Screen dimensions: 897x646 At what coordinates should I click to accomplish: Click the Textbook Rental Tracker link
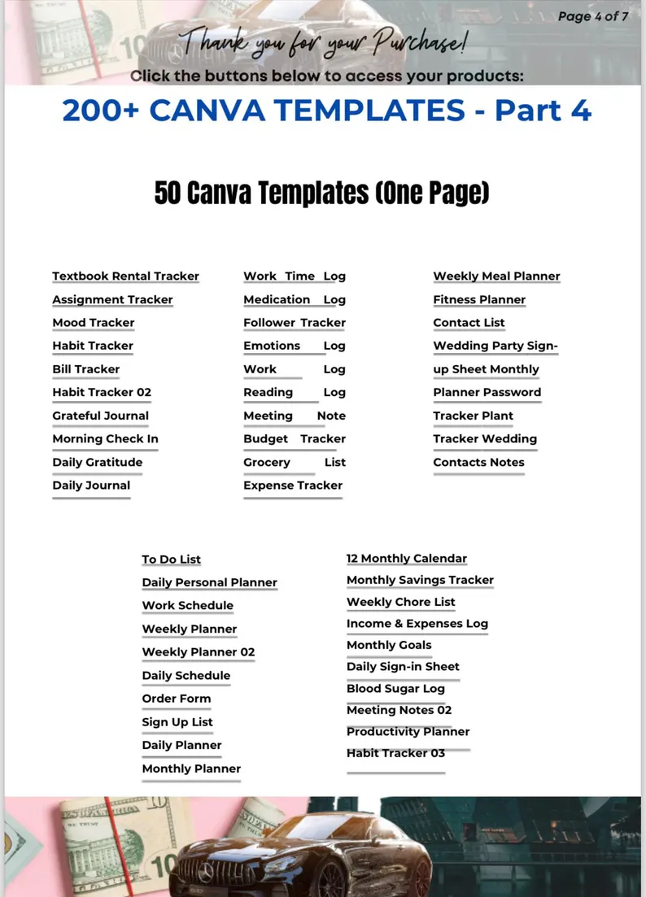click(125, 277)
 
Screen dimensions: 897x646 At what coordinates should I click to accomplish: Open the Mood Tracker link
click(94, 323)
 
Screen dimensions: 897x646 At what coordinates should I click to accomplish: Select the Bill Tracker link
click(85, 369)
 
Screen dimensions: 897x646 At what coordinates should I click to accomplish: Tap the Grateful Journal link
click(100, 416)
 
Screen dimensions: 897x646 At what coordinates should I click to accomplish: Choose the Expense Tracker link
click(293, 486)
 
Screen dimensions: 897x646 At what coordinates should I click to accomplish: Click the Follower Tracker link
click(295, 323)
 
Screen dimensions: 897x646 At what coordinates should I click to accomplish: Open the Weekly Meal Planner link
click(496, 277)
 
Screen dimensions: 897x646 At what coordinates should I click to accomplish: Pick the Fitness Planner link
click(479, 300)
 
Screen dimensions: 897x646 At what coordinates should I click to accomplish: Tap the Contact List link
click(469, 323)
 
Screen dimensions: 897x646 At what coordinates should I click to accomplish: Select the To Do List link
click(171, 560)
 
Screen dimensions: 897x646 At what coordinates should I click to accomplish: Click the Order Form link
click(177, 699)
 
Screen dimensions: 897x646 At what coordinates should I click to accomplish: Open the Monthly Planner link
click(191, 769)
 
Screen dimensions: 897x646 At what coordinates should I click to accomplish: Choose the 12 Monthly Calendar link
click(407, 559)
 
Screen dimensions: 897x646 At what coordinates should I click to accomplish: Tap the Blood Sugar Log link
click(395, 689)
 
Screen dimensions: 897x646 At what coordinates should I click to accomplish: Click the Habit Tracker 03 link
click(395, 753)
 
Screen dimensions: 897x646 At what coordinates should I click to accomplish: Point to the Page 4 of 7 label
click(593, 16)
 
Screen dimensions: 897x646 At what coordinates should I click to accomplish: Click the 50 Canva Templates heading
click(322, 194)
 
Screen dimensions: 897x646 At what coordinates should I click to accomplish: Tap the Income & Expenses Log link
click(417, 624)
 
